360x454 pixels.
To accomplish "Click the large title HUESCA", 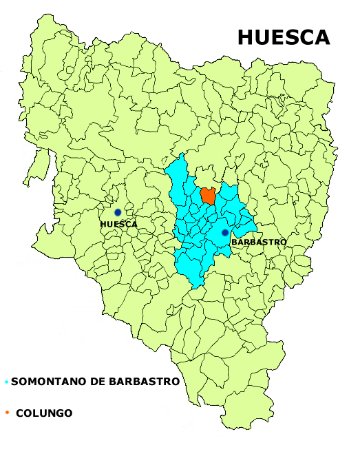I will [284, 37].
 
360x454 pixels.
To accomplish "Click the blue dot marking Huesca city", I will [118, 212].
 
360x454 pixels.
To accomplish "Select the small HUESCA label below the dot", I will [118, 225].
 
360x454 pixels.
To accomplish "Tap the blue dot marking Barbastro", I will [224, 233].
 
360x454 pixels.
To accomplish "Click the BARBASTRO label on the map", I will [258, 243].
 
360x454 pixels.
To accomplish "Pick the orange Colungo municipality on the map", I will [208, 196].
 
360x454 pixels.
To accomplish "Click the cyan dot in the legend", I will [6, 382].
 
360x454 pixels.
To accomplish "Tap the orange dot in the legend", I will [6, 413].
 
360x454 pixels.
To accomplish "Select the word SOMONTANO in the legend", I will [45, 382].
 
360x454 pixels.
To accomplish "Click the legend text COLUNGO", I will [44, 413].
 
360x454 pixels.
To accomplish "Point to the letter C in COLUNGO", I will [19, 413].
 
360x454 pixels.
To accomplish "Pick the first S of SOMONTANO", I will [14, 382].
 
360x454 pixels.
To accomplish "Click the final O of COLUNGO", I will [68, 413].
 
